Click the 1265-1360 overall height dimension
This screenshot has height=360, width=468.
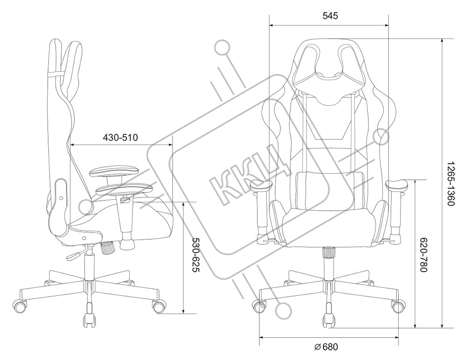[x=450, y=184]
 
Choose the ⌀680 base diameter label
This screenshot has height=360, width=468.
[x=326, y=347]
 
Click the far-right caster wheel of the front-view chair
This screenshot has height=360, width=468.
[x=398, y=307]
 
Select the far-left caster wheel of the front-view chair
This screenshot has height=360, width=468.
[x=259, y=307]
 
